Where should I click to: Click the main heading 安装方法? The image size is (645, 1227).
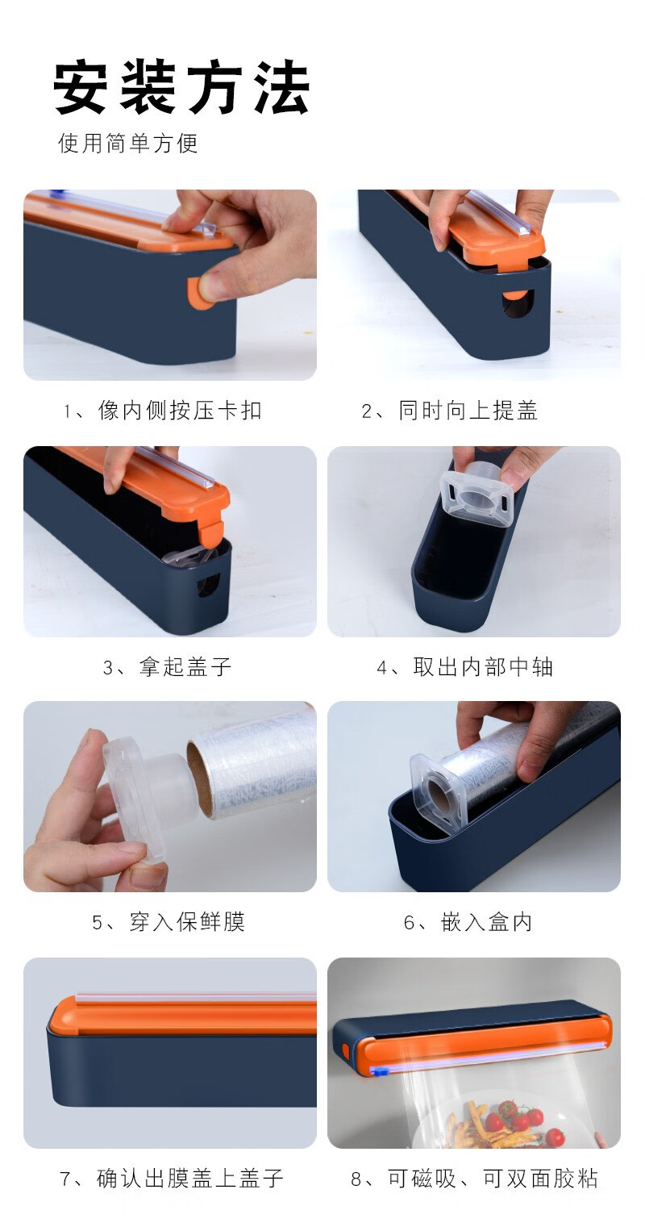click(x=181, y=88)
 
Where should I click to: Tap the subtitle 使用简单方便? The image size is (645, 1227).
click(x=127, y=144)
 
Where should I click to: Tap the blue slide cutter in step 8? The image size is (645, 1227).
click(x=378, y=1070)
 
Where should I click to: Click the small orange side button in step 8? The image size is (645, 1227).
click(x=346, y=1050)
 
